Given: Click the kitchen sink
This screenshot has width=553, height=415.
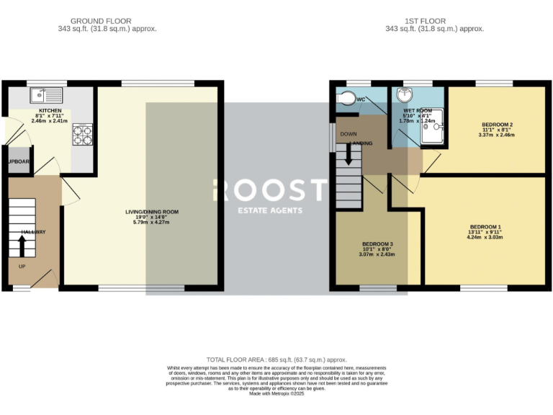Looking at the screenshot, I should [48, 94].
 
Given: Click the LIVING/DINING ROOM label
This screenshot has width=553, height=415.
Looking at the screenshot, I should [151, 212].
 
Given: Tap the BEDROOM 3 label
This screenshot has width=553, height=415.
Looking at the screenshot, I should [377, 244].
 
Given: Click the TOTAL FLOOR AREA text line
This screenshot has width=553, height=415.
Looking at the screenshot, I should [276, 359].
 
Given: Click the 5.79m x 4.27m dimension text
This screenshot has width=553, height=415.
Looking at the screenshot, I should [151, 222].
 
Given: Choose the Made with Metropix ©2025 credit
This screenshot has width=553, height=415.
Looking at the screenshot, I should [276, 393].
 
